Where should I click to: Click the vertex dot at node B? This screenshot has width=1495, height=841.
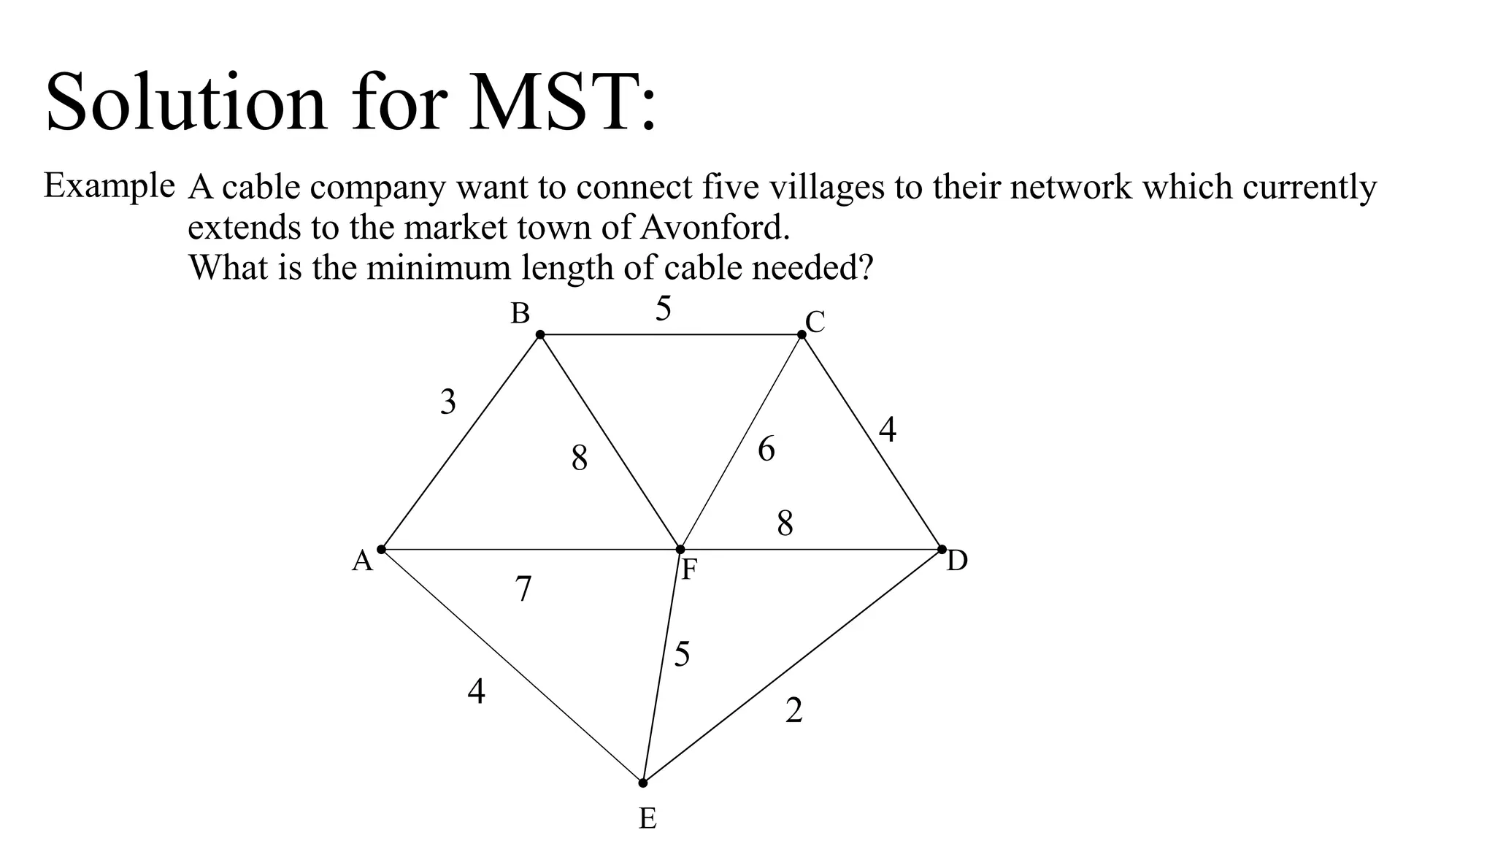pos(540,334)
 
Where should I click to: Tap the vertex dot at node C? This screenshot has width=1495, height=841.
pos(802,334)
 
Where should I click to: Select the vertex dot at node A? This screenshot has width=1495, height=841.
pos(381,549)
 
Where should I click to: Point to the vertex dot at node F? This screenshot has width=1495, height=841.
pos(680,549)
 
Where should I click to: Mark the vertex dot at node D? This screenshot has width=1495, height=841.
pos(942,549)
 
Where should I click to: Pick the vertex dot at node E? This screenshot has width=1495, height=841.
pos(642,783)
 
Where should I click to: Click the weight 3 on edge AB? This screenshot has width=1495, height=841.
pos(447,402)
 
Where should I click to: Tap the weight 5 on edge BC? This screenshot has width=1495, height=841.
pos(663,309)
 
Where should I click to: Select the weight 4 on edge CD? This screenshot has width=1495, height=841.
pos(887,430)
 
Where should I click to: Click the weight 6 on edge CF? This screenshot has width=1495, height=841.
pos(766,449)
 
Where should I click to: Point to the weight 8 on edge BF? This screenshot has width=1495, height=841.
pos(580,459)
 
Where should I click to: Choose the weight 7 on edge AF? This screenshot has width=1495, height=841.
pos(523,589)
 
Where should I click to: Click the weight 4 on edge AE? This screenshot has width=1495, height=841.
pos(476,691)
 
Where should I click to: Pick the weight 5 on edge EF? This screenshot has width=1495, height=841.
pos(682,655)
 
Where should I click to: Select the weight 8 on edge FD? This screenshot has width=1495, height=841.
pos(785,523)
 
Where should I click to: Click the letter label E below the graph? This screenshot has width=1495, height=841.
pos(647,819)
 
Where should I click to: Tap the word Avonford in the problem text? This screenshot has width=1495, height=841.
pos(715,228)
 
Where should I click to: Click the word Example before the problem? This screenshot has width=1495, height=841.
pos(109,185)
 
